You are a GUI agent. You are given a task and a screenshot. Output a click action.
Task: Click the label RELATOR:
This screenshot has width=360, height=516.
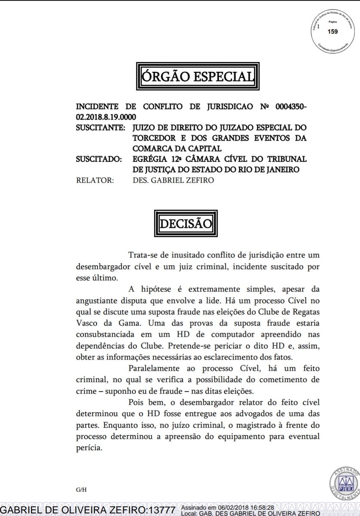click(95, 181)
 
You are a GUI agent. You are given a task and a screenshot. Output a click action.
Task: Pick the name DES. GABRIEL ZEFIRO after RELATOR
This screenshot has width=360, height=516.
click(172, 181)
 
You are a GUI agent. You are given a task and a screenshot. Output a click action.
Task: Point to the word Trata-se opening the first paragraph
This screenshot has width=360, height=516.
click(143, 256)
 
